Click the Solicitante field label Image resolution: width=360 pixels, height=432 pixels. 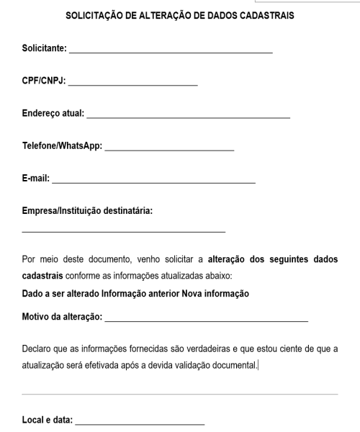(44, 50)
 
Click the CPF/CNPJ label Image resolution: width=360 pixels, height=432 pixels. (43, 82)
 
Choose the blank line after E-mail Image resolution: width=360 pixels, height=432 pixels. (153, 181)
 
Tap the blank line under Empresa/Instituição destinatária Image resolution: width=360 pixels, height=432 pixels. (123, 231)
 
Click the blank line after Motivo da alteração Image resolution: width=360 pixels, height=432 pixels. (206, 319)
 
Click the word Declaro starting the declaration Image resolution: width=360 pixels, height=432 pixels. (37, 349)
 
